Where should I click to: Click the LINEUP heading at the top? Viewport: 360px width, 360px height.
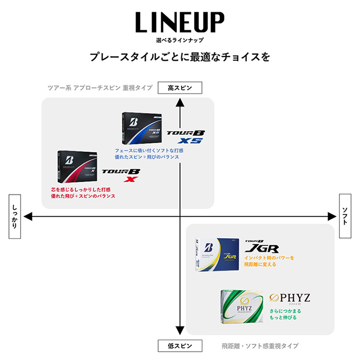pyautogui.click(x=179, y=24)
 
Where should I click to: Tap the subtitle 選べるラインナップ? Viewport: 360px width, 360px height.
pyautogui.click(x=179, y=40)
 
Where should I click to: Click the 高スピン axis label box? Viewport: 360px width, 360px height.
pyautogui.click(x=179, y=88)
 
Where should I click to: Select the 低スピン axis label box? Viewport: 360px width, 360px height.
pyautogui.click(x=179, y=345)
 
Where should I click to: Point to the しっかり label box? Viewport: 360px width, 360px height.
pyautogui.click(x=14, y=217)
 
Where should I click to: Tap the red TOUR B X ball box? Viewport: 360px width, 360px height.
pyautogui.click(x=77, y=168)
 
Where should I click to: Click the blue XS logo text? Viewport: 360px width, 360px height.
pyautogui.click(x=189, y=141)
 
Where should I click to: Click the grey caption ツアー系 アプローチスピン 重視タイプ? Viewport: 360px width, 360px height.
pyautogui.click(x=98, y=88)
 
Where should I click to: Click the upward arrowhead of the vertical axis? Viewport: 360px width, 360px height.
pyautogui.click(x=179, y=102)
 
